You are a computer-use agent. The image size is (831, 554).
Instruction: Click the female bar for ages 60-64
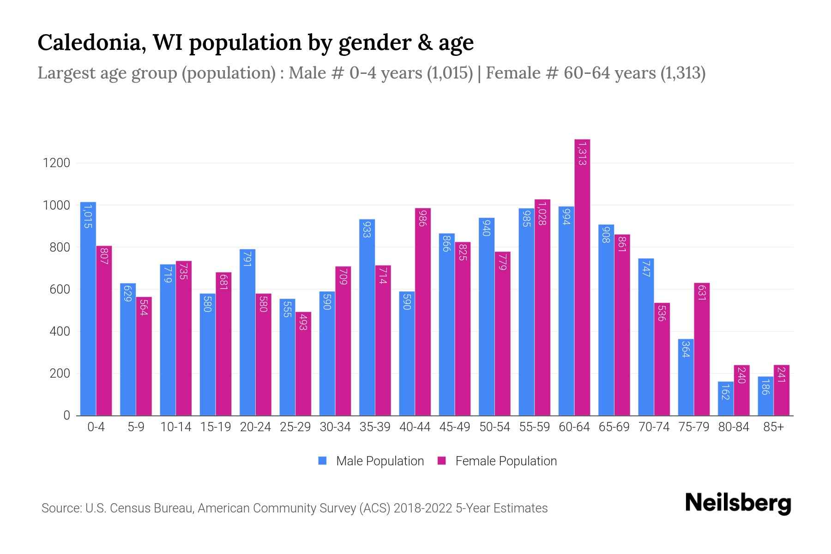click(582, 277)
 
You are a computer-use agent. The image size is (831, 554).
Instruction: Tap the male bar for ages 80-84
click(726, 398)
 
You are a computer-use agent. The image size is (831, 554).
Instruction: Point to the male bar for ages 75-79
click(686, 377)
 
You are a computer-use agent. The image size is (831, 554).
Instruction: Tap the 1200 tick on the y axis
click(56, 163)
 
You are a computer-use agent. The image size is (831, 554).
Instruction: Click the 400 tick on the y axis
click(60, 331)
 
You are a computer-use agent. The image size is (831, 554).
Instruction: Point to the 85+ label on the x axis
click(773, 427)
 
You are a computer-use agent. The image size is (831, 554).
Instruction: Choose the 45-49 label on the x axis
click(455, 427)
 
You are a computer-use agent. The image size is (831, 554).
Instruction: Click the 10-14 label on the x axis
click(175, 427)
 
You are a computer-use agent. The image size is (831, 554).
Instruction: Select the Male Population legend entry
click(379, 461)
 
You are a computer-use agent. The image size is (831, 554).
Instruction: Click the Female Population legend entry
click(506, 461)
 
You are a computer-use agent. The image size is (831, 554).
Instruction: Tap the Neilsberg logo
click(738, 503)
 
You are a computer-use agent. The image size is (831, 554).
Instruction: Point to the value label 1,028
click(542, 213)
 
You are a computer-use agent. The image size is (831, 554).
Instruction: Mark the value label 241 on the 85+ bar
click(781, 374)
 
